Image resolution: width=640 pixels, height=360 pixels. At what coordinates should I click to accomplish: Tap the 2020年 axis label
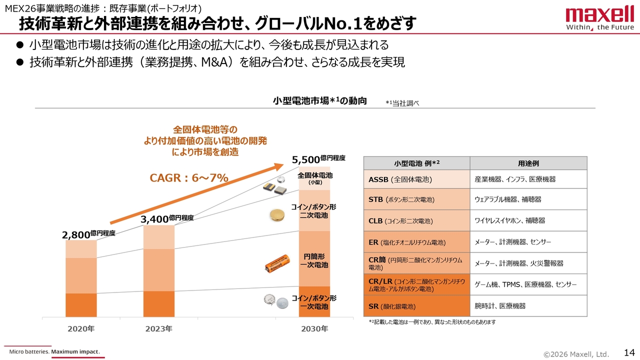(81, 328)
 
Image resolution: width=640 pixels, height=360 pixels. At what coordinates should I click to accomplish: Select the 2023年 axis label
(158, 328)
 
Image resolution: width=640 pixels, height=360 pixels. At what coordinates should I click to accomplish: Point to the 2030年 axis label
(314, 328)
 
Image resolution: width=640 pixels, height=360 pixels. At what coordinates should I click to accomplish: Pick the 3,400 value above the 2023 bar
(154, 219)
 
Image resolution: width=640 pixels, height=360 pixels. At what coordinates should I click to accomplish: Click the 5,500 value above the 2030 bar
(305, 159)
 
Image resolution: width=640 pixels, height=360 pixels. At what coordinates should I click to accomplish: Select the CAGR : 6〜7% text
(189, 177)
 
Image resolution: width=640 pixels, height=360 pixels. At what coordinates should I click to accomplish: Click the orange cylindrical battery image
(277, 263)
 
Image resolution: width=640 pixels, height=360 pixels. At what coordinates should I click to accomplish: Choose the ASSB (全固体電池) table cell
(416, 179)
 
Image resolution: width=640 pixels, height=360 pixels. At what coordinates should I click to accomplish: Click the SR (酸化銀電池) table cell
(416, 306)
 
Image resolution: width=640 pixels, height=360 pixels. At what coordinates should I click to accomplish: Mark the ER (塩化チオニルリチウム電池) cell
(416, 242)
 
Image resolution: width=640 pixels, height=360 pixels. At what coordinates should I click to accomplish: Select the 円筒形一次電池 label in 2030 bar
(314, 260)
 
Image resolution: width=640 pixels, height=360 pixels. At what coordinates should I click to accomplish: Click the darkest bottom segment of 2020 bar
(81, 305)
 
